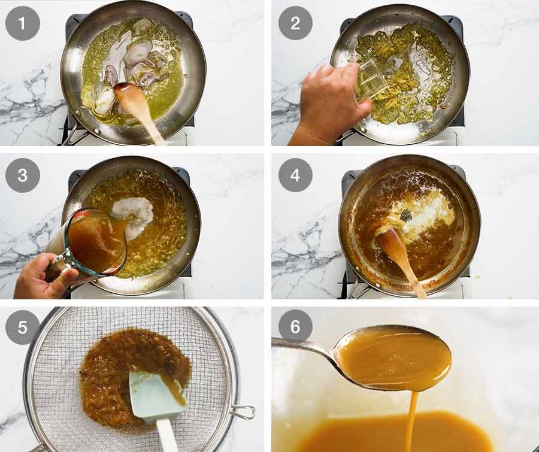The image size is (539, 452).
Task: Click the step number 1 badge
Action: [23, 23]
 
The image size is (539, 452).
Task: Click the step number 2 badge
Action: [295, 23]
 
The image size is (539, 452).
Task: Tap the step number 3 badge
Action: [23, 175]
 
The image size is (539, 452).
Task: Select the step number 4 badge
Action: [295, 175]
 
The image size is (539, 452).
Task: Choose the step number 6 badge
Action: [295, 326]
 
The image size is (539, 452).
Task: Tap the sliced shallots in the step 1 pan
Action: [135, 60]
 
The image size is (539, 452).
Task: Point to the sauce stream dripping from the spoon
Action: [411, 419]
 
